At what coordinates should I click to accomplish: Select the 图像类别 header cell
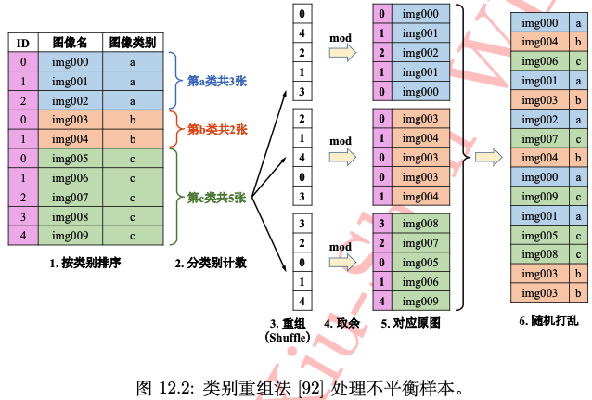click(133, 43)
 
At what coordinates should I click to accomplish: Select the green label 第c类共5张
click(216, 197)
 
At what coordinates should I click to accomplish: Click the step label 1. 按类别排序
click(87, 263)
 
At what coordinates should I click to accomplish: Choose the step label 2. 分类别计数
click(211, 263)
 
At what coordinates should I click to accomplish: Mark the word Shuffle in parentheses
click(290, 338)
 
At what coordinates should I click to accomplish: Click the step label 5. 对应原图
click(410, 323)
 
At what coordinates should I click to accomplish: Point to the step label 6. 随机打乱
click(549, 320)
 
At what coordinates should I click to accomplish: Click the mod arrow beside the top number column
click(342, 54)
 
